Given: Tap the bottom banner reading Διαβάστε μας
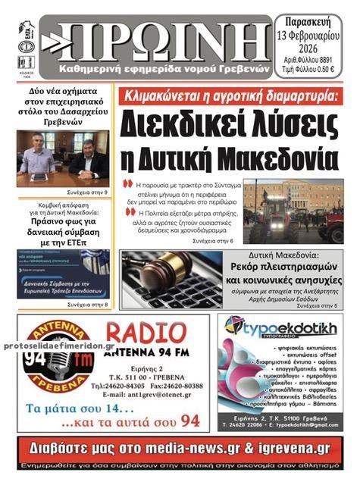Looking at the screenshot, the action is pyautogui.click(x=180, y=447).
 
